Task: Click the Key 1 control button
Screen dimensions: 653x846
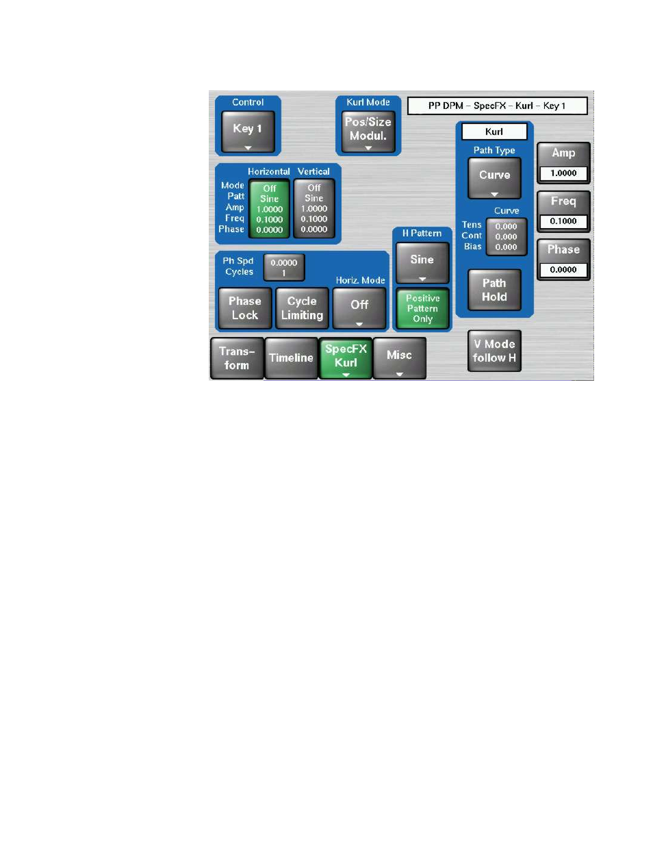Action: tap(248, 132)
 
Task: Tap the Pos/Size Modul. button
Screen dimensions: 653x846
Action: tap(368, 132)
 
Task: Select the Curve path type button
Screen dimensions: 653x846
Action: tap(494, 178)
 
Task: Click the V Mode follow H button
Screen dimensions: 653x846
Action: tap(494, 351)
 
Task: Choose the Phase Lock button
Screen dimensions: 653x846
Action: tap(244, 308)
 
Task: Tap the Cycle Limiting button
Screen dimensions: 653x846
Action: tap(302, 308)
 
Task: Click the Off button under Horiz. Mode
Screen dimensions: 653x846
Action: tap(359, 308)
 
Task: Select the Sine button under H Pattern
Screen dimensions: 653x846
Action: tap(422, 263)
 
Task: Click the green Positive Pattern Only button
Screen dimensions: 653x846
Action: tap(422, 308)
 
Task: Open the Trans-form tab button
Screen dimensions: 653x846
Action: tap(237, 358)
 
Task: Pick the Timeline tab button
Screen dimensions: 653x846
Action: tap(291, 358)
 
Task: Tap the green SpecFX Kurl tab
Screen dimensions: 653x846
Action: tap(346, 358)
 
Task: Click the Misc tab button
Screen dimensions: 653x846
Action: tap(400, 358)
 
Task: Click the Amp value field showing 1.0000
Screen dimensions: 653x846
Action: tap(563, 173)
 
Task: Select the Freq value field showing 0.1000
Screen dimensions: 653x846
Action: tap(563, 221)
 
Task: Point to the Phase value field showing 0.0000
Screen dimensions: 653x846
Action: tap(563, 269)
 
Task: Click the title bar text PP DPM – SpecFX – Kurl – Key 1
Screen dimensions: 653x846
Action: tap(497, 105)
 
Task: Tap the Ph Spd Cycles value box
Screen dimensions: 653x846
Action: tap(284, 267)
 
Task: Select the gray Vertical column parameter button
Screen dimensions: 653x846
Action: tap(314, 208)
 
